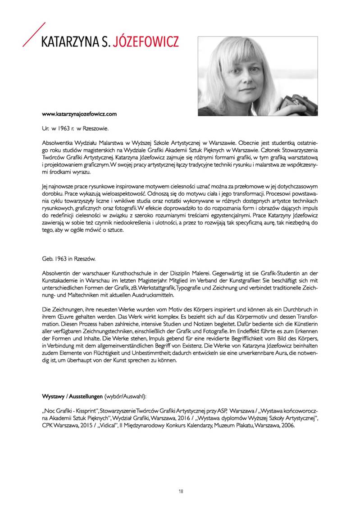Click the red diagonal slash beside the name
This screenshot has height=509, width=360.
point(34,34)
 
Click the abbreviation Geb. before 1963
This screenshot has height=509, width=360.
point(47,259)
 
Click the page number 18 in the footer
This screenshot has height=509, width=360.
point(180,491)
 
